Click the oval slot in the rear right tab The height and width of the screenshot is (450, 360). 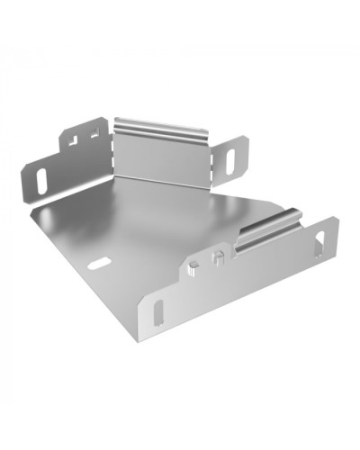(230, 159)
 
